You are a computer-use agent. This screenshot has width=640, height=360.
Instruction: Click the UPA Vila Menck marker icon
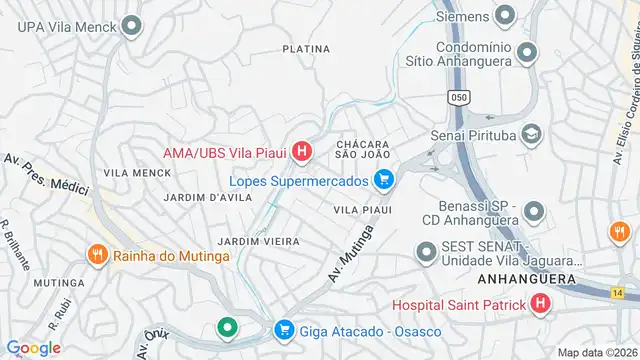click(x=130, y=26)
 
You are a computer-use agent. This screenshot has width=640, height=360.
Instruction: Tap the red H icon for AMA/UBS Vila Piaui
click(x=303, y=153)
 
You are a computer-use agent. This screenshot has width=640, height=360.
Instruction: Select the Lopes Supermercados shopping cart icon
click(x=383, y=181)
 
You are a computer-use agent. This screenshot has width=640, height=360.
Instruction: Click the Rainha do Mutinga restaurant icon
click(x=97, y=255)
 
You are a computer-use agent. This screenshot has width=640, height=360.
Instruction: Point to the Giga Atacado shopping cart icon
click(x=284, y=329)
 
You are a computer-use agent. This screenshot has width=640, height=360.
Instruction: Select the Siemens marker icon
click(x=505, y=16)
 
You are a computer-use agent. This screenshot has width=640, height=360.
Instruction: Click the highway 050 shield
click(x=460, y=97)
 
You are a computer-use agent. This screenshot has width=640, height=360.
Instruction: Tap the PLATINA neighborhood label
click(x=306, y=48)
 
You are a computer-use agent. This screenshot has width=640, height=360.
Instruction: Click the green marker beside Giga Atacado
click(x=228, y=328)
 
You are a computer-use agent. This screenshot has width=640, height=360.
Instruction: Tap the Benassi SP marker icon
click(x=534, y=212)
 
